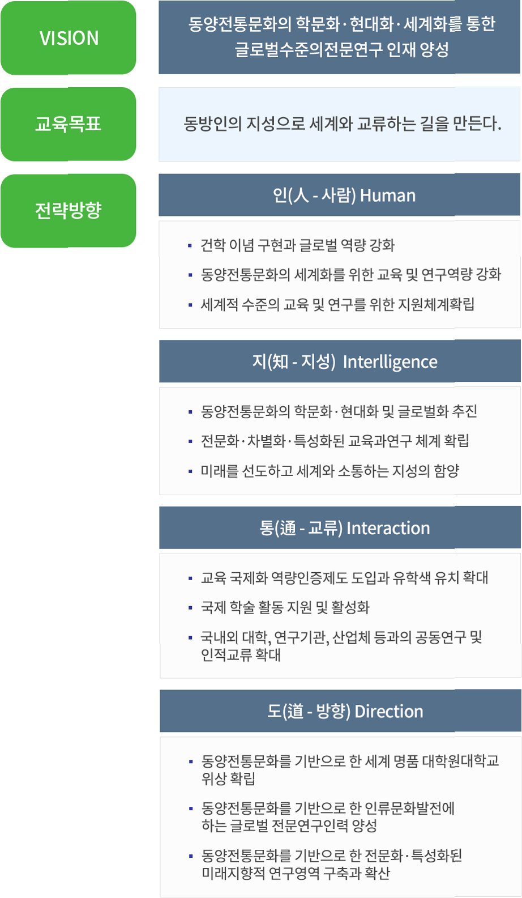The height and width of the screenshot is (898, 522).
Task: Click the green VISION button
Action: pos(69,38)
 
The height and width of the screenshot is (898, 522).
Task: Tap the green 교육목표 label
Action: pos(69,124)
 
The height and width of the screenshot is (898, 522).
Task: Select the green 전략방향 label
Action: pos(69,210)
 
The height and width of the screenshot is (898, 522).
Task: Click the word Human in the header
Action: pos(388,195)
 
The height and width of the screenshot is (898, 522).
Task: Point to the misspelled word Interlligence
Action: pos(390,361)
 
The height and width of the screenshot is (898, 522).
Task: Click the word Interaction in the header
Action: pos(388,528)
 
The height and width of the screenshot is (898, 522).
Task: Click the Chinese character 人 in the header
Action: pos(301,195)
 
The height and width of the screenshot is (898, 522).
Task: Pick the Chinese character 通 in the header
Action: pos(288,528)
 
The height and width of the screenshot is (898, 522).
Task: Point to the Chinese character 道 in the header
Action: pos(295,711)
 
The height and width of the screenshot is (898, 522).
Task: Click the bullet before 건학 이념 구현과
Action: pos(190,245)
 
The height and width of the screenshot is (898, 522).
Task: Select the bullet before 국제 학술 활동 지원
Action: pos(190,608)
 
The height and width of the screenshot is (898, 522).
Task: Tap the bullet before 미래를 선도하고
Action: pos(190,471)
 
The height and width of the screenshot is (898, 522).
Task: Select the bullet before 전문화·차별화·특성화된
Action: pos(190,441)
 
